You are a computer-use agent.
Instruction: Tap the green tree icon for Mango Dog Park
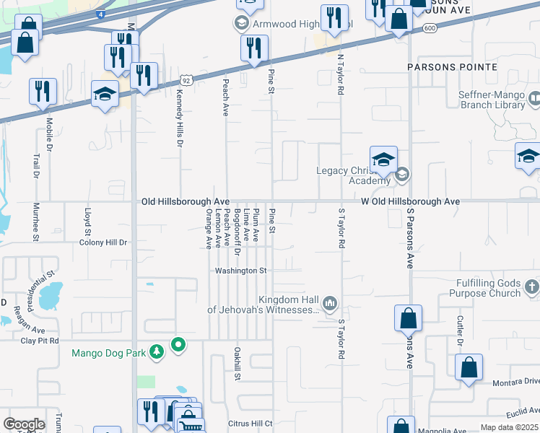(157, 352)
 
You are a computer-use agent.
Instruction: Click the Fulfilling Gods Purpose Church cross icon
(531, 287)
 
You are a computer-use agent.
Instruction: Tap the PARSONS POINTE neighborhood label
(452, 67)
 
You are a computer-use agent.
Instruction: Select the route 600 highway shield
(430, 27)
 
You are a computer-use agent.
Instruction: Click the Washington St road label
(241, 271)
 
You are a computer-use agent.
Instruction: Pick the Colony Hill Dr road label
(103, 242)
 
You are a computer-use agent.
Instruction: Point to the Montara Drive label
(515, 381)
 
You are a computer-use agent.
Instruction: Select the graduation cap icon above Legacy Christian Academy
(383, 159)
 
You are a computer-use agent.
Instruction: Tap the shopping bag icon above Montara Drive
(469, 367)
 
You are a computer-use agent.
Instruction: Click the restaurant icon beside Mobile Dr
(43, 92)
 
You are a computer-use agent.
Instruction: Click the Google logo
(24, 424)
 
